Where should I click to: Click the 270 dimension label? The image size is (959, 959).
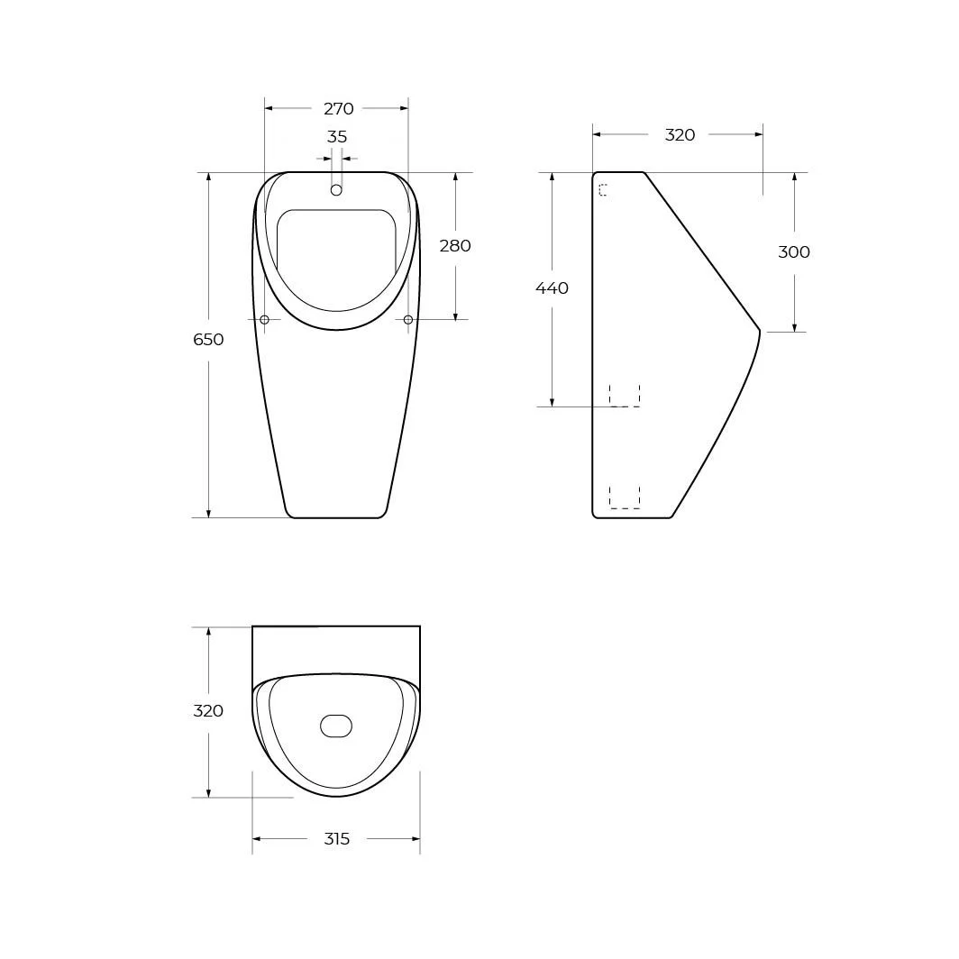[338, 109]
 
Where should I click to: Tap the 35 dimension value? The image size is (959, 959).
[337, 137]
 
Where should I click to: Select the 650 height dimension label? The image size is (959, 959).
[208, 340]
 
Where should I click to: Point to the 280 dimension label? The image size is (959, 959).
[455, 246]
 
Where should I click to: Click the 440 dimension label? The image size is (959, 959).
[552, 288]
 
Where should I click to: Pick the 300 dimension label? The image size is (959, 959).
[794, 252]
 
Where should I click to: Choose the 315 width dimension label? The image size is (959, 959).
[336, 838]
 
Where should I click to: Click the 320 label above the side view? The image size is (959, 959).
[680, 135]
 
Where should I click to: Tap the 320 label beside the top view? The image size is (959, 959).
[208, 710]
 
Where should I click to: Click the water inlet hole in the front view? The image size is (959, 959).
[336, 190]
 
